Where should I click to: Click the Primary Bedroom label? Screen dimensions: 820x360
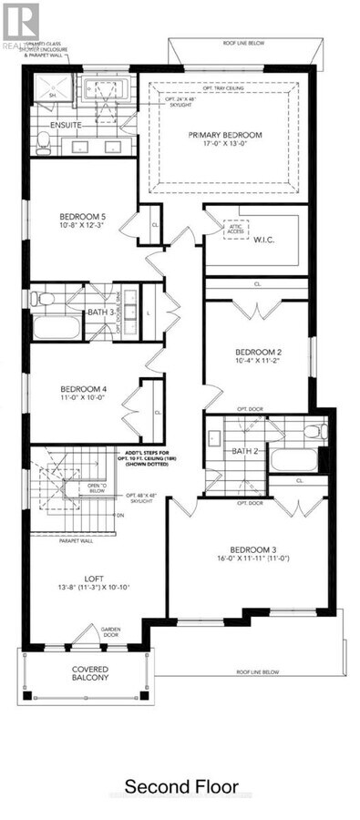pyautogui.click(x=224, y=136)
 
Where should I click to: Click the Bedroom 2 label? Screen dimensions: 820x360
pyautogui.click(x=257, y=352)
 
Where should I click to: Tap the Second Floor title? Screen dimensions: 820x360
pyautogui.click(x=181, y=786)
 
